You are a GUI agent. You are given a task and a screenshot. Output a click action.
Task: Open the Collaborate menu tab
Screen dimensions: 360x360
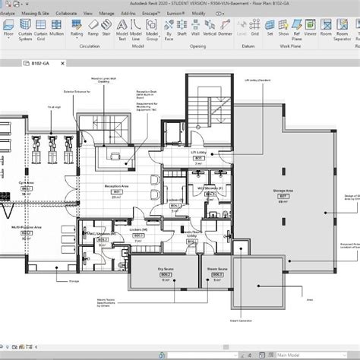[66, 14]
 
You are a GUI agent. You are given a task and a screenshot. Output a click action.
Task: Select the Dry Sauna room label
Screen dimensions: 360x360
[162, 268]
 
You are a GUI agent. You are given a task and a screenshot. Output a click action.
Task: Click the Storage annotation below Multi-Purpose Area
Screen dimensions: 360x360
[74, 280]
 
